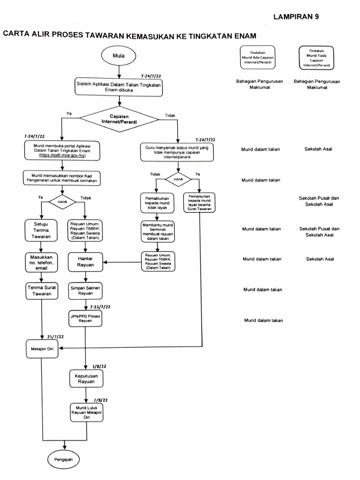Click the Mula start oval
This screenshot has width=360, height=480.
coord(119,56)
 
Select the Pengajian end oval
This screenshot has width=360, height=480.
coord(64,460)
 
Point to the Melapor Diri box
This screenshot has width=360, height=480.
coord(42,348)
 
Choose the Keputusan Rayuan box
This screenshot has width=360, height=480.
coord(86,378)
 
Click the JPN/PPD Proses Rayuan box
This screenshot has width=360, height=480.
coord(85,319)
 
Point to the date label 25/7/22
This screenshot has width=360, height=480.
coord(56,337)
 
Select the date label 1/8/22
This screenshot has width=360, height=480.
coord(98,366)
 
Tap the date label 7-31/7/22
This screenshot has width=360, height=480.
coord(99,307)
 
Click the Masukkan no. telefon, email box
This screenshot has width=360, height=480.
coord(42,262)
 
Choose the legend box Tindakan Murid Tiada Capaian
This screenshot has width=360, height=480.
coord(316,58)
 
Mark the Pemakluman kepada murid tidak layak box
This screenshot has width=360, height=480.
coord(158,202)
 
